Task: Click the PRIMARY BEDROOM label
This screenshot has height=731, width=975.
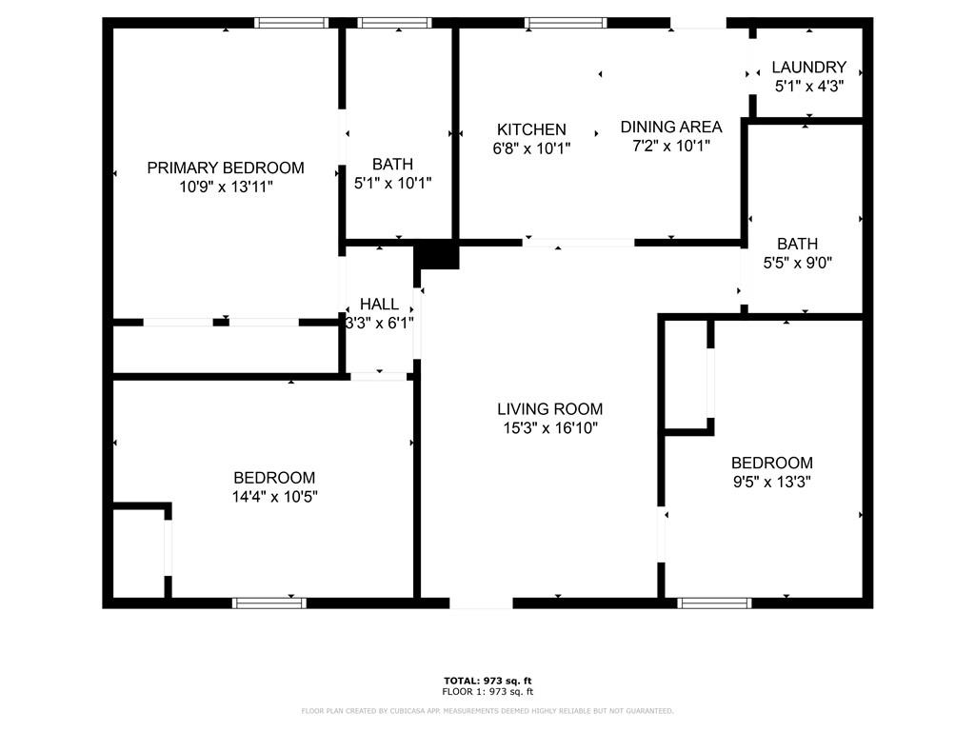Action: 226,168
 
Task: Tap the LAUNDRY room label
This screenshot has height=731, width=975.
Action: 809,68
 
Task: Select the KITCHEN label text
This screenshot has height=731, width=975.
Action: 531,129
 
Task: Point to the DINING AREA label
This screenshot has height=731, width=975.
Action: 671,127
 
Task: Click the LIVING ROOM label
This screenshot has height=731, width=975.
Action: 550,409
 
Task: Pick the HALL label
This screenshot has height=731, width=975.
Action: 379,304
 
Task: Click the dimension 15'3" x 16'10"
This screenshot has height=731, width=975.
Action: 550,427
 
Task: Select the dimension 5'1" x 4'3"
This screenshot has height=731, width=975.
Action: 809,86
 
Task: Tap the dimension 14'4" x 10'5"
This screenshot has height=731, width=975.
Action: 275,496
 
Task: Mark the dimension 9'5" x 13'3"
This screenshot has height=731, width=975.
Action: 771,481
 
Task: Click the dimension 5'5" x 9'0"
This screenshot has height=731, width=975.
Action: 798,263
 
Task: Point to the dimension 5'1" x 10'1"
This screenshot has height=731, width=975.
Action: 393,183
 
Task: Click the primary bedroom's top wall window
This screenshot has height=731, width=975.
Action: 291,23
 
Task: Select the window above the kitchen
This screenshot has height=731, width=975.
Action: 566,23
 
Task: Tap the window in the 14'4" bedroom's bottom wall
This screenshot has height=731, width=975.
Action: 269,603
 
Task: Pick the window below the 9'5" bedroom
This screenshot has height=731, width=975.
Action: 714,603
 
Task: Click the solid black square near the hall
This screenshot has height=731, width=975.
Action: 436,255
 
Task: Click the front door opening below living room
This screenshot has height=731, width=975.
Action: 481,603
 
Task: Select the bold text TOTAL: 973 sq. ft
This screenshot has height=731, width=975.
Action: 488,681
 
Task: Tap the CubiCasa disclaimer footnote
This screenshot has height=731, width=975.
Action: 487,710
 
